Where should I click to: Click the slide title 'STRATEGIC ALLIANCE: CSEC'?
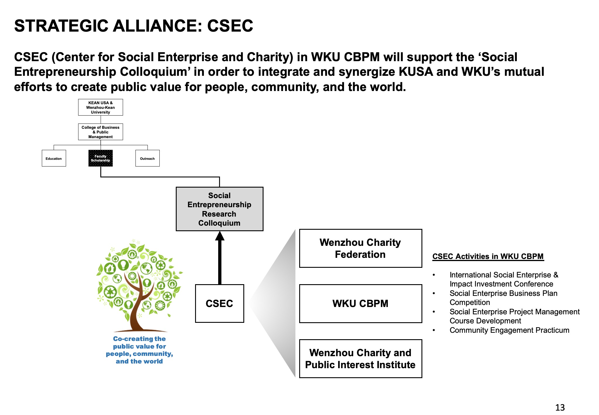point(133,26)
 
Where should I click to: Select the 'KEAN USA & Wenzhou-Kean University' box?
point(100,107)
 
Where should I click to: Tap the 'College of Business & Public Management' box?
point(100,132)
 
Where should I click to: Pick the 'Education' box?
point(54,158)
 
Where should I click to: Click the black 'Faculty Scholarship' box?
point(100,158)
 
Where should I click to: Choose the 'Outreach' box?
point(147,158)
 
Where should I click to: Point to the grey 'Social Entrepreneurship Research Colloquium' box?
point(219,209)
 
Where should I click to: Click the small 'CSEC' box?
point(219,303)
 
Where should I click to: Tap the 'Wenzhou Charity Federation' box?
point(360,248)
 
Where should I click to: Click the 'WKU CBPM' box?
point(360,303)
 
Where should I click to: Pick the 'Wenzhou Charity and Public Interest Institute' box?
point(360,359)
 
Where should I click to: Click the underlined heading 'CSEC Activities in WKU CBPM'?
point(488,256)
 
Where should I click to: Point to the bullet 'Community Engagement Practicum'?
point(509,330)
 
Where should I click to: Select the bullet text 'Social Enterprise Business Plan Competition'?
point(503,298)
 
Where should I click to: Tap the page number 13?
point(560,407)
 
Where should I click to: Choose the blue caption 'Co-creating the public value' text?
point(139,350)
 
